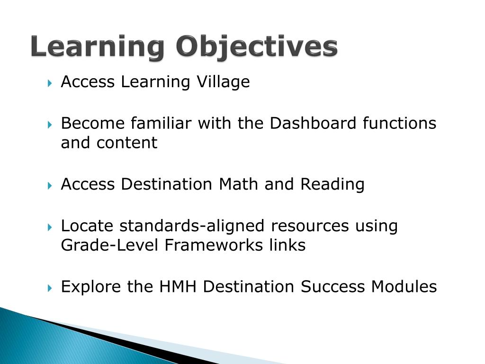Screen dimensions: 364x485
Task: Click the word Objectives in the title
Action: (x=257, y=48)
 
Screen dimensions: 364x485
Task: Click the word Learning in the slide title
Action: (x=98, y=48)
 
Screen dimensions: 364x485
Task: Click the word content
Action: (x=127, y=143)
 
